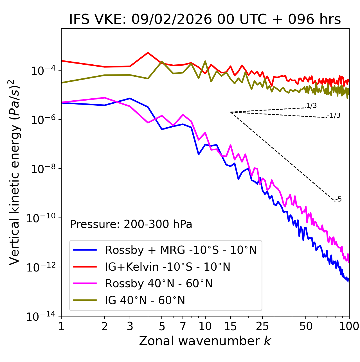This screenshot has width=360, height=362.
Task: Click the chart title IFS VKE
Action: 205,20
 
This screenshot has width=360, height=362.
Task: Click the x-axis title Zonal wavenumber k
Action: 205,341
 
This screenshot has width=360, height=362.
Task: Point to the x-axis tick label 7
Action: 183,326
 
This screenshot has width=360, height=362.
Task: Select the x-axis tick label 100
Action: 349,326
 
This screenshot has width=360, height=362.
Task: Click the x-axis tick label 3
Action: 130,326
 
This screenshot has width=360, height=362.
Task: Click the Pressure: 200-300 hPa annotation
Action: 131,224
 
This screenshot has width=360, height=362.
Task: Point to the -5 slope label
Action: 338,200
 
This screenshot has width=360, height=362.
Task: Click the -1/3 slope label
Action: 334,116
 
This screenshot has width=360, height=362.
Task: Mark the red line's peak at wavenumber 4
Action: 148,53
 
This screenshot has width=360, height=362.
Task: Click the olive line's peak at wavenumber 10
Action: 205,61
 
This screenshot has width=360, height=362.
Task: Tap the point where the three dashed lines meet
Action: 231,112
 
